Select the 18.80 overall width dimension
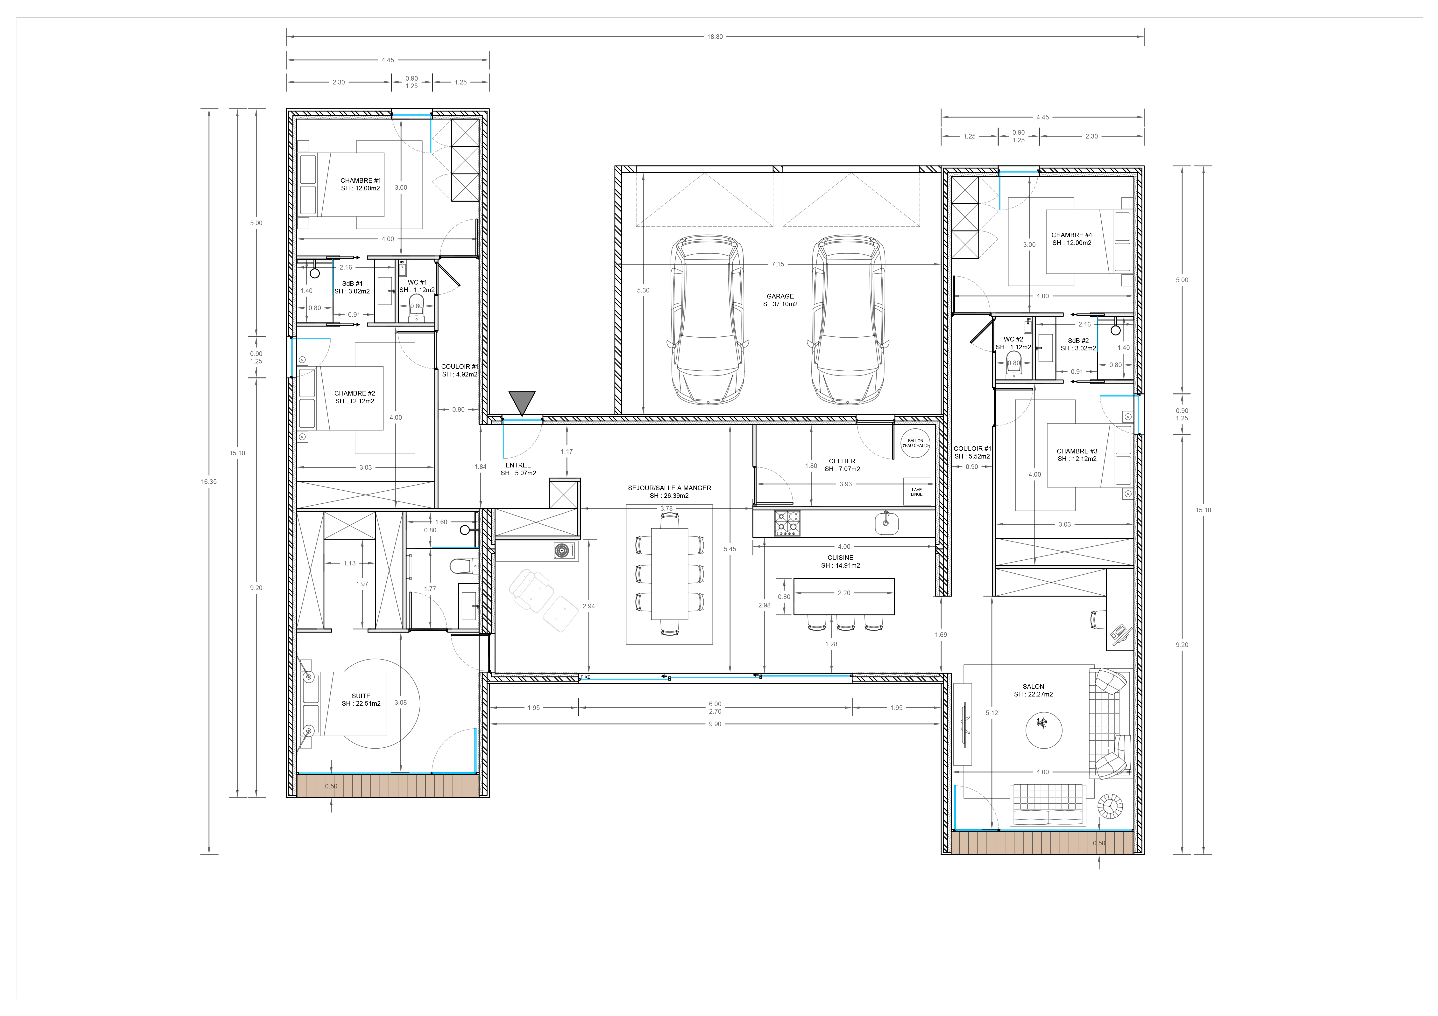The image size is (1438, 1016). point(715,37)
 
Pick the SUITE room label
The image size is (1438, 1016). point(361,696)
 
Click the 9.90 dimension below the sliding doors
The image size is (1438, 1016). point(715,724)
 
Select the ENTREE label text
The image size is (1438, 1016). point(518,465)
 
